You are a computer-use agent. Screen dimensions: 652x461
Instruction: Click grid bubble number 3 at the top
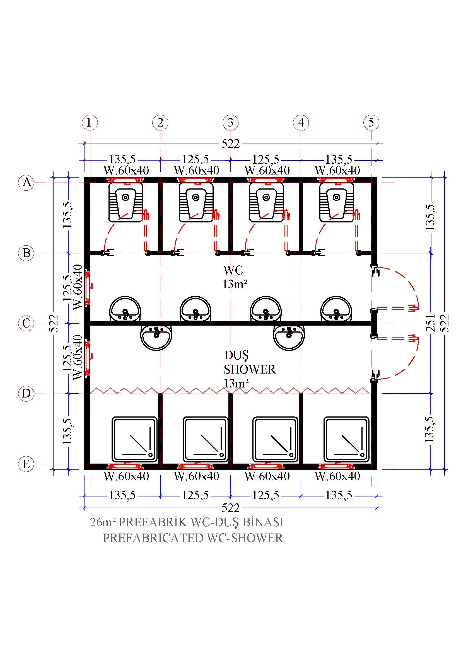230,123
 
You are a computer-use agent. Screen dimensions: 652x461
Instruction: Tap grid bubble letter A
26,182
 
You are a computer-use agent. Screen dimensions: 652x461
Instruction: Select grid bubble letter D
26,394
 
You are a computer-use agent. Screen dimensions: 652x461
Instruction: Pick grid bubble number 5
371,123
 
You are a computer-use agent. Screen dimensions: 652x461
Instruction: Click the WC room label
233,270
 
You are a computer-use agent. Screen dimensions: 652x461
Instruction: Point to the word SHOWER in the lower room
250,369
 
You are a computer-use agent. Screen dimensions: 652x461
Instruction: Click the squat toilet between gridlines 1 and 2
125,202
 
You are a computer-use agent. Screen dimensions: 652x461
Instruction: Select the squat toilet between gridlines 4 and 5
337,202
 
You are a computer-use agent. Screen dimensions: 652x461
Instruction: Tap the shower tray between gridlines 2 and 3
205,439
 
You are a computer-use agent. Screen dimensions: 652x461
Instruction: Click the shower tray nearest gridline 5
347,439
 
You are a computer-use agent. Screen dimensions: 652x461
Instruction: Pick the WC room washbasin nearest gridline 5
336,309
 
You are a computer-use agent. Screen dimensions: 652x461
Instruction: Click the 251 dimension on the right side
431,323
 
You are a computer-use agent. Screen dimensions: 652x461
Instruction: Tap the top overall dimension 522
230,144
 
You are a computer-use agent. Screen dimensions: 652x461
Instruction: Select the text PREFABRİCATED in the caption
153,538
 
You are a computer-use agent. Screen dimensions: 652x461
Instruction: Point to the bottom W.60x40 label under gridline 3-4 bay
267,476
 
